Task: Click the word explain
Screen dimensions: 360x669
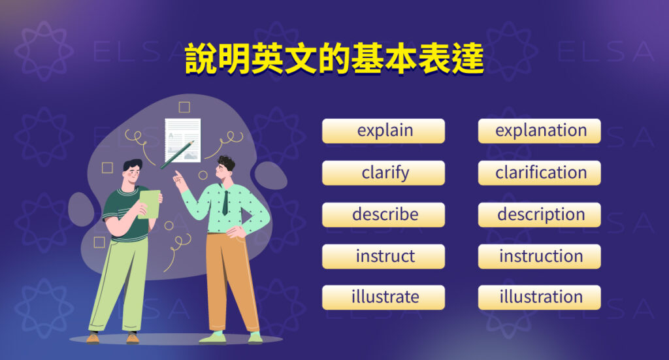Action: pos(384,131)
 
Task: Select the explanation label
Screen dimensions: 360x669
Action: pos(540,131)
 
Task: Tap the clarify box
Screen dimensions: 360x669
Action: pos(384,173)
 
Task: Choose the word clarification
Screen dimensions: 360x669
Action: pos(540,173)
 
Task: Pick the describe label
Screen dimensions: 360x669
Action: pos(384,214)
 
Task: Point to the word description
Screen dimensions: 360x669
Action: pos(540,214)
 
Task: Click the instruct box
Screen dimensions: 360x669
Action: pos(384,256)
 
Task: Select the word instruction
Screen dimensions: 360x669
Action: pos(540,256)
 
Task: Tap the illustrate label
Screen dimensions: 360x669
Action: pos(384,297)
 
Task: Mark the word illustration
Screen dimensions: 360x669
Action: pos(540,297)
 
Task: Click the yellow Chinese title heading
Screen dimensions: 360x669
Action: pos(334,60)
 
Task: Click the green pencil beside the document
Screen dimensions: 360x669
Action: pos(177,154)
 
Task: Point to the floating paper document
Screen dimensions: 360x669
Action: pos(182,139)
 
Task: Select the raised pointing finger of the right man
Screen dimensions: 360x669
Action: pos(176,174)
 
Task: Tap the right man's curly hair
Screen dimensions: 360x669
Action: pos(227,162)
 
